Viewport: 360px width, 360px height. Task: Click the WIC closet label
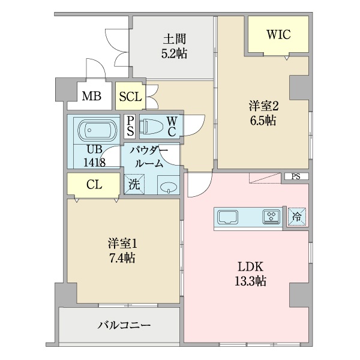pyautogui.click(x=279, y=35)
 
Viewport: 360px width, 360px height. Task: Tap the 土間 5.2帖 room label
pyautogui.click(x=174, y=46)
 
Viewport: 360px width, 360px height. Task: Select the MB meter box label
pyautogui.click(x=92, y=96)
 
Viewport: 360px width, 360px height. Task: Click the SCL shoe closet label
pyautogui.click(x=130, y=97)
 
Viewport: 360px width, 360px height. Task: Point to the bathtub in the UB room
pyautogui.click(x=97, y=130)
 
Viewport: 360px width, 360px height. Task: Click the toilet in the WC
pyautogui.click(x=151, y=127)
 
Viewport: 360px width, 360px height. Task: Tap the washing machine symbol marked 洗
pyautogui.click(x=134, y=184)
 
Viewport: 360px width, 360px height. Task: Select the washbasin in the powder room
pyautogui.click(x=169, y=187)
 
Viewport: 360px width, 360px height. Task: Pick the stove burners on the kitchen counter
pyautogui.click(x=271, y=217)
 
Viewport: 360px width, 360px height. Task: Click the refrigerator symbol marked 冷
pyautogui.click(x=297, y=217)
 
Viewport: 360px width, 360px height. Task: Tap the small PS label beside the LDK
pyautogui.click(x=296, y=176)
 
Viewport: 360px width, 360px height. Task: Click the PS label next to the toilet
pyautogui.click(x=130, y=126)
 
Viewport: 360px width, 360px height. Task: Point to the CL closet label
pyautogui.click(x=94, y=184)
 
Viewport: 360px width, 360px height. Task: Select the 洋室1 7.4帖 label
pyautogui.click(x=122, y=251)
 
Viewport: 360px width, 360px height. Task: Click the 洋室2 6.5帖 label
pyautogui.click(x=263, y=113)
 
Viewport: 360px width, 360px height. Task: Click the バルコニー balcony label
pyautogui.click(x=124, y=325)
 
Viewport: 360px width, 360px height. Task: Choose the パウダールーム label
pyautogui.click(x=149, y=157)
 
